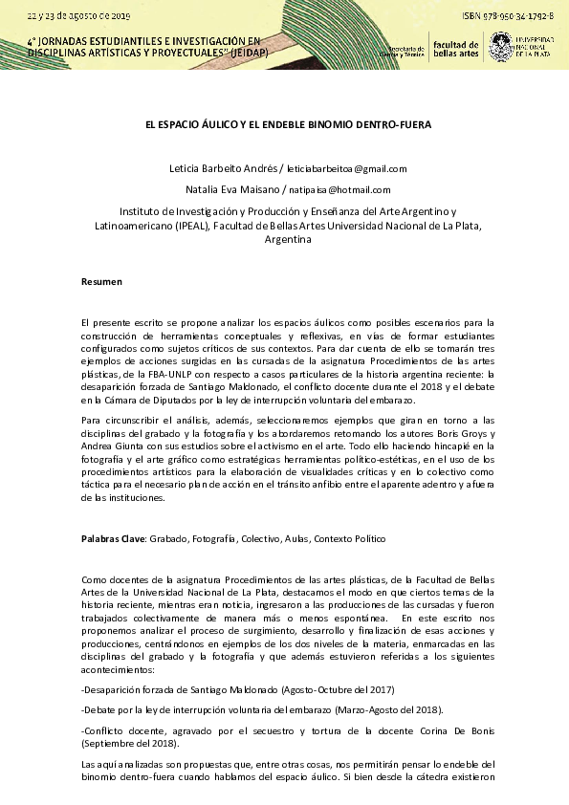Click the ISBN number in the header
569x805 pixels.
coord(507,17)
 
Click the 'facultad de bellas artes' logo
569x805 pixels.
coord(454,49)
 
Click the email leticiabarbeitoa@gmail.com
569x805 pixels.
coord(341,169)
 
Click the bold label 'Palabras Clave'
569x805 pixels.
coord(113,539)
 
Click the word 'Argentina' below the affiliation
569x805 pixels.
coord(287,240)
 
